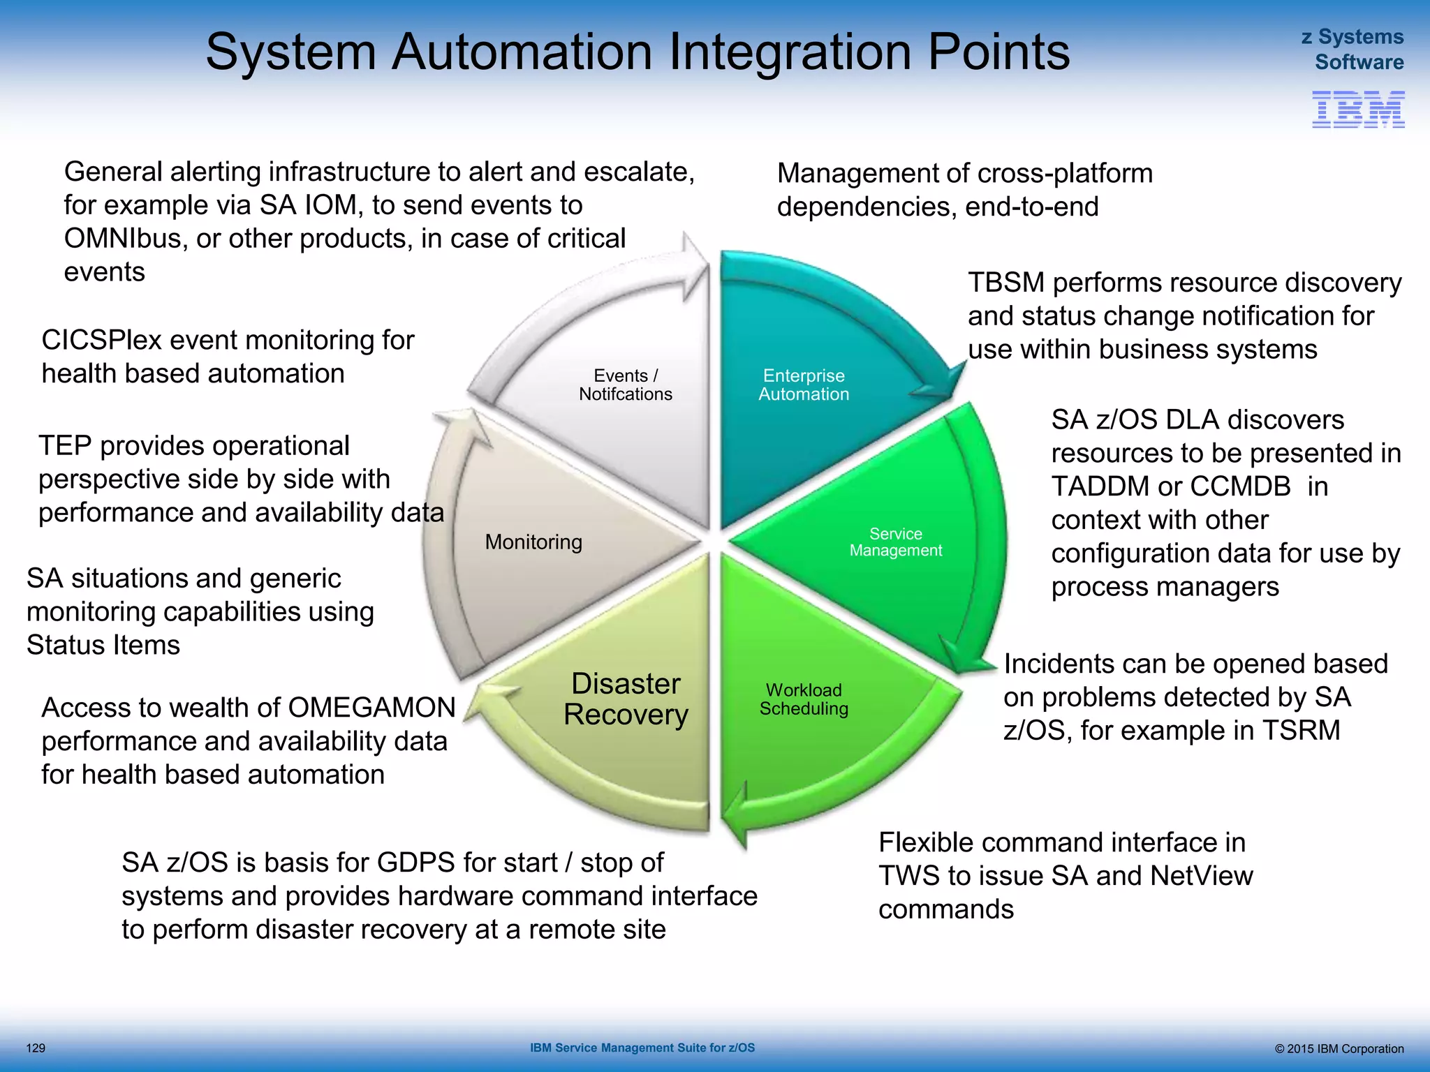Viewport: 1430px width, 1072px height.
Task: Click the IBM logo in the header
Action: click(1357, 109)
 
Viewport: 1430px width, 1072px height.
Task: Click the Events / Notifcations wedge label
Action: click(625, 385)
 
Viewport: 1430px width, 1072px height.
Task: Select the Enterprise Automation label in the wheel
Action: click(804, 385)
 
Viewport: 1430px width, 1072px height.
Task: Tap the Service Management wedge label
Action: click(895, 542)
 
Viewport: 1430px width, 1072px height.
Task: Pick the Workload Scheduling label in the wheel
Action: click(804, 699)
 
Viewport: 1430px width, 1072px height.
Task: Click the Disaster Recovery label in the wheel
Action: click(626, 699)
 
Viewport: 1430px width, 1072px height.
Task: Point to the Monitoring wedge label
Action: click(533, 542)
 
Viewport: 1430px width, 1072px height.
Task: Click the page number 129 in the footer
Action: click(36, 1048)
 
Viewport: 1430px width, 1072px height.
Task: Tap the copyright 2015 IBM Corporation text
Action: click(1339, 1048)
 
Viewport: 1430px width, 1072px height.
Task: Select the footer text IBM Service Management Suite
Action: click(642, 1048)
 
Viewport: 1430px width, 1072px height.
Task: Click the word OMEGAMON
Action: click(371, 708)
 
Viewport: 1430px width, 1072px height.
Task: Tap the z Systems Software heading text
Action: click(1352, 49)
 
